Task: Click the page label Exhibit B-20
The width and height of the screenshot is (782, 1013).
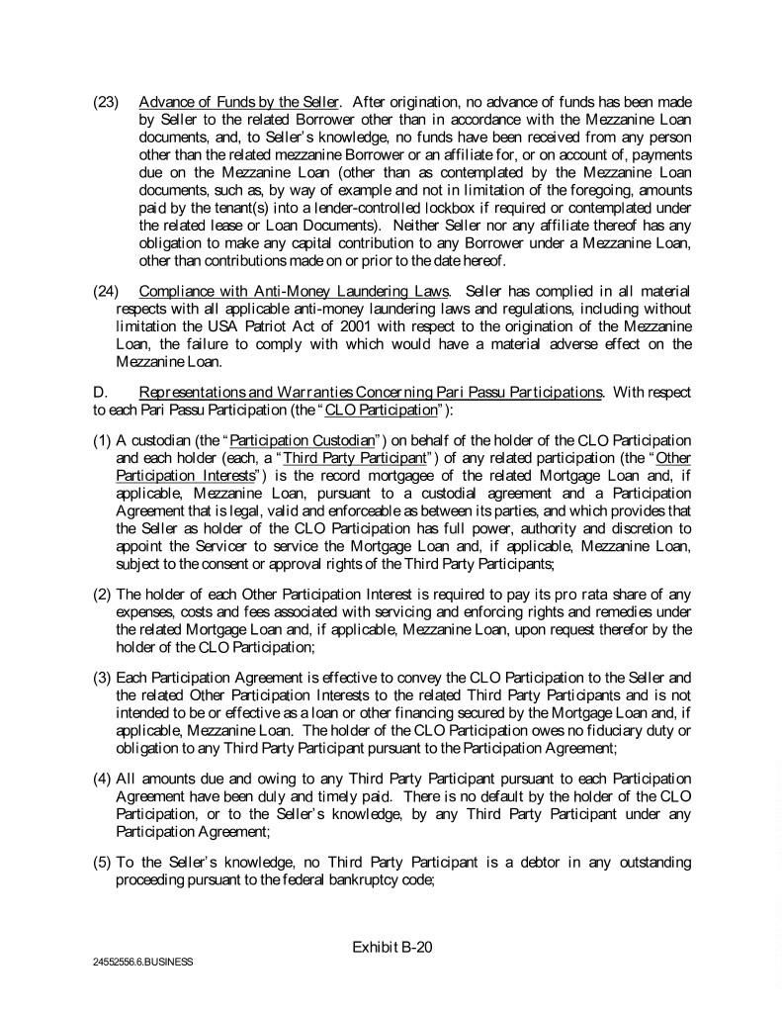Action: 392,947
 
